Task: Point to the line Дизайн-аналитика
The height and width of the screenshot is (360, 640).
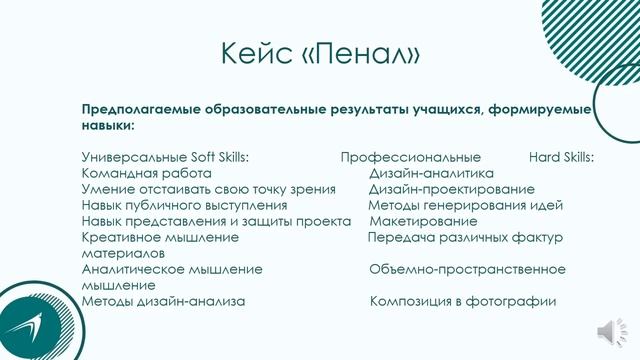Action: pos(431,173)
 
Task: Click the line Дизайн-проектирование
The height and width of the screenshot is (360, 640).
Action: pos(451,189)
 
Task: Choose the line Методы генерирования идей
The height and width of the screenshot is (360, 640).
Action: pos(465,205)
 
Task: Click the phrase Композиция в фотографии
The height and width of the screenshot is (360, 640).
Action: pos(462,301)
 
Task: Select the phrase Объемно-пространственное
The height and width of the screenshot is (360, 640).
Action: pos(467,269)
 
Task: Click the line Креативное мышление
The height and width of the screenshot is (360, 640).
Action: pos(160,237)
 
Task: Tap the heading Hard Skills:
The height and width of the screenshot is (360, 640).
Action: pos(561,157)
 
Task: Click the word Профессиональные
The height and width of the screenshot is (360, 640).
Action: pos(410,157)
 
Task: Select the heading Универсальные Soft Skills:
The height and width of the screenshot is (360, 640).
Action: pos(165,157)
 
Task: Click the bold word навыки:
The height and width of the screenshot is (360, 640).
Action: pos(108,127)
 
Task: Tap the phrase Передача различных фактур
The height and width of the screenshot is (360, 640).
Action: pos(465,237)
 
